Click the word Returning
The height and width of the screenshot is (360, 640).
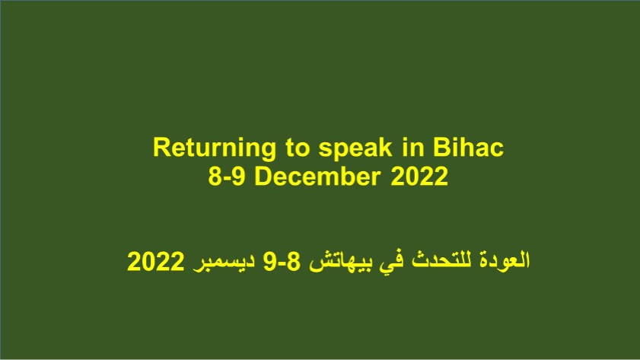tap(215, 149)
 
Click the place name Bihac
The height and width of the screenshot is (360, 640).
tap(468, 148)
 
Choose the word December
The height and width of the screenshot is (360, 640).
tap(317, 177)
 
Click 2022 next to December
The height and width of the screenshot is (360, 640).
tap(419, 177)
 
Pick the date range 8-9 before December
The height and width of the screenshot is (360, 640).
tap(227, 177)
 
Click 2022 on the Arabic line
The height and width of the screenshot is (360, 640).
tap(155, 261)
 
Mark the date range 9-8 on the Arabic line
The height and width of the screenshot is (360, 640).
tap(282, 261)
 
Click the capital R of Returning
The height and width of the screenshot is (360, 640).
tap(161, 148)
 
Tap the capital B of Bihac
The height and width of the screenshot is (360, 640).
tap(441, 148)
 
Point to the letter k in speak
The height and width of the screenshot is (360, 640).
tap(386, 148)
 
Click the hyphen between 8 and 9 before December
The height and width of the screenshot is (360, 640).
tap(227, 179)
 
